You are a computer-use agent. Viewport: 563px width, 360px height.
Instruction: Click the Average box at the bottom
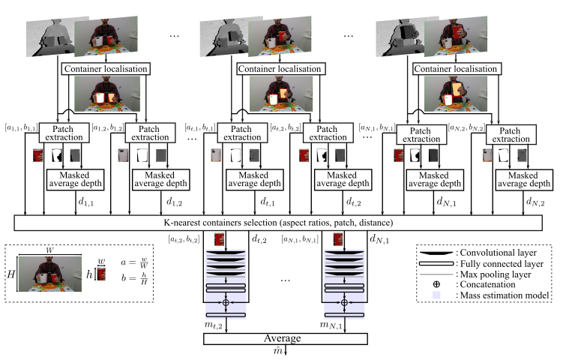pos(285,338)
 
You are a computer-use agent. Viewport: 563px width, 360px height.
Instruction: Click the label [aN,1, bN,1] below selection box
pos(300,240)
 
